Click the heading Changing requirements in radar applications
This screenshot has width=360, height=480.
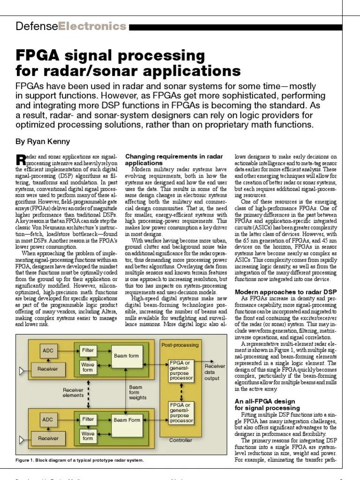pyautogui.click(x=173, y=159)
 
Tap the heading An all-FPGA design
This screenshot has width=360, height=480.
pyautogui.click(x=264, y=401)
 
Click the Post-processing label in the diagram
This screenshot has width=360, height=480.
pyautogui.click(x=180, y=345)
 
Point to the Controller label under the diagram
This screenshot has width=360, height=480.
pyautogui.click(x=180, y=440)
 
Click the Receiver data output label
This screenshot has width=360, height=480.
pyautogui.click(x=215, y=372)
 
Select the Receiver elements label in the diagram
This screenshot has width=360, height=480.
pyautogui.click(x=73, y=392)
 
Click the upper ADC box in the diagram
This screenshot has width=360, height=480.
pyautogui.click(x=48, y=351)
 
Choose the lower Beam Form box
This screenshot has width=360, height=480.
pyautogui.click(x=127, y=420)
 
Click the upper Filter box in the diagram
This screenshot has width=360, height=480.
pyautogui.click(x=88, y=350)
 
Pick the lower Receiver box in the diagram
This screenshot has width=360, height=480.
pyautogui.click(x=48, y=438)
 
